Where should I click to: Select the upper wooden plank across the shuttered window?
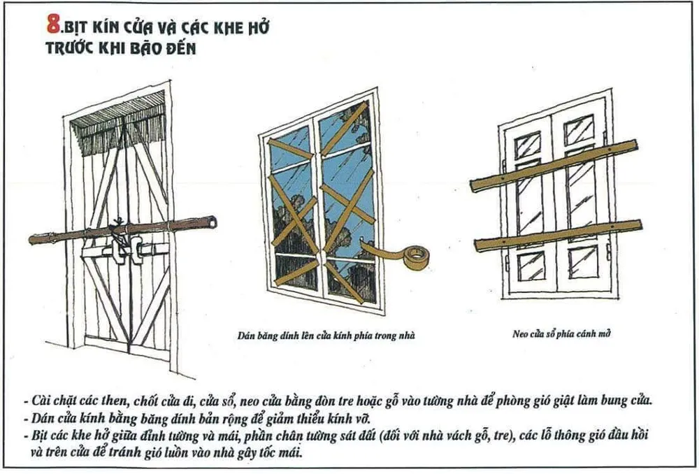click(x=554, y=166)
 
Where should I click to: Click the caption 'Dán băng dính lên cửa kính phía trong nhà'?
click(x=325, y=335)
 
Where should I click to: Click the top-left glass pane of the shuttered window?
click(x=528, y=145)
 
